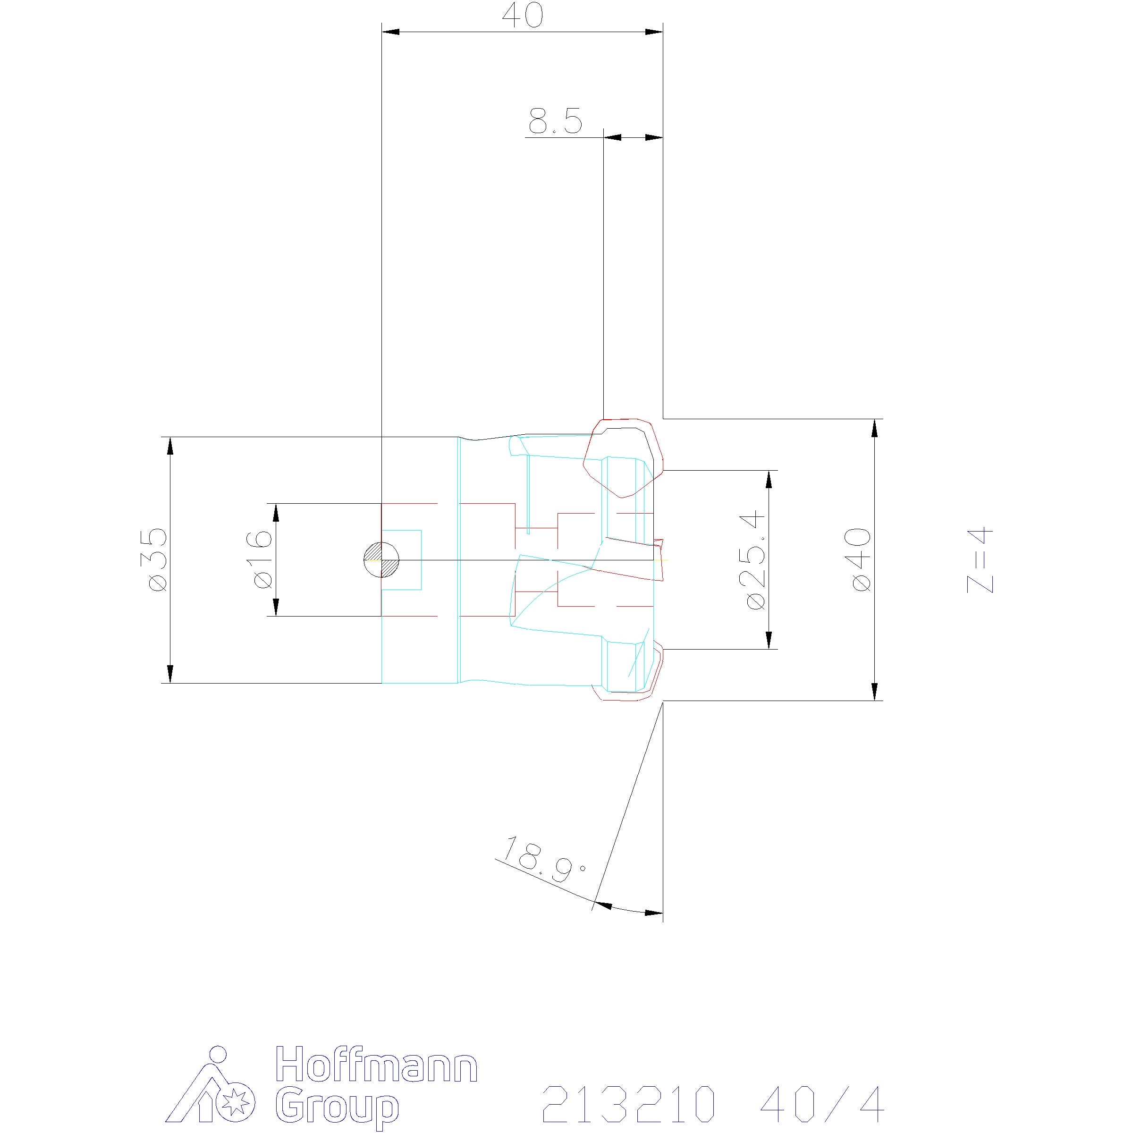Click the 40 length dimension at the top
523,16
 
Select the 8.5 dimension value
555,121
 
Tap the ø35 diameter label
158,559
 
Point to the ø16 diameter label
262,559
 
